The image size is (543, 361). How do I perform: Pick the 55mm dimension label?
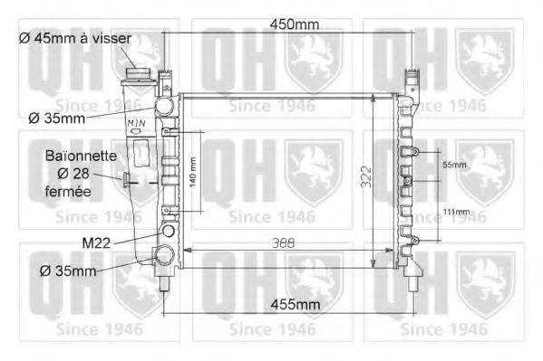(x=454, y=166)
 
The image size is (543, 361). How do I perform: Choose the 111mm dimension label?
(x=457, y=212)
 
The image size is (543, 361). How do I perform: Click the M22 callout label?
(x=97, y=242)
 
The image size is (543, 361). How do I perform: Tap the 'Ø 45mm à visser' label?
(x=75, y=38)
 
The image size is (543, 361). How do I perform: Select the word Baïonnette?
(x=81, y=156)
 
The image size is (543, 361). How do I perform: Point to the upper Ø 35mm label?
(x=57, y=117)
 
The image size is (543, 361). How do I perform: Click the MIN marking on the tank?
(x=136, y=123)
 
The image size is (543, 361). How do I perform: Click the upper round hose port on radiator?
(x=164, y=107)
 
